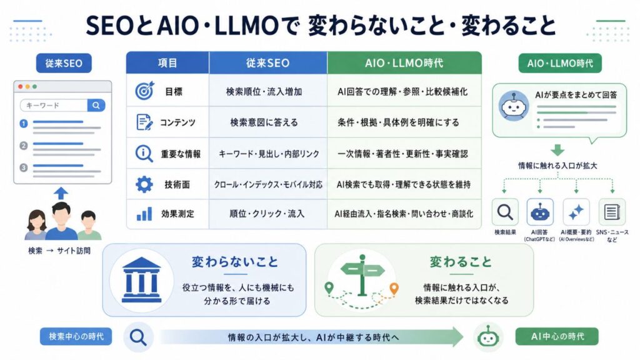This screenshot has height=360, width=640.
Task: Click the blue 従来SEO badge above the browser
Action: pos(64,63)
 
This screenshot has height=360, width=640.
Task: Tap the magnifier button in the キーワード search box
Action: pos(96,105)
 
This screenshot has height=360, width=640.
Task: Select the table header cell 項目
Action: pos(167,63)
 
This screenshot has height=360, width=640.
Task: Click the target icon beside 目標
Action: pos(144,91)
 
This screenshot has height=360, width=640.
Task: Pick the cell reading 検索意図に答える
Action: pos(264,122)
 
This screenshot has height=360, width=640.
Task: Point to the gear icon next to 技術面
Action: pos(144,184)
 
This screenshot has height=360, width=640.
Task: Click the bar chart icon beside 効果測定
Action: pos(144,214)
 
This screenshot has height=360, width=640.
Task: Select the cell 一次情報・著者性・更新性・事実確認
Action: pos(402,154)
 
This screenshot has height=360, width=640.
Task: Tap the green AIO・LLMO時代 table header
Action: pos(404,63)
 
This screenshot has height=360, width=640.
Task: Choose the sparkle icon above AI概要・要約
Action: pos(576,212)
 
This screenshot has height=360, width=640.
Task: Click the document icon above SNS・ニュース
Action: pos(611,212)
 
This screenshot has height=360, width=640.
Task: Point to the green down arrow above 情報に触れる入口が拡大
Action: pos(557,150)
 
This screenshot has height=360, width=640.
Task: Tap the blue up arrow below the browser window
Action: pos(61,193)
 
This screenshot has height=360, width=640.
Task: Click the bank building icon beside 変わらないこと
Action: pos(142,280)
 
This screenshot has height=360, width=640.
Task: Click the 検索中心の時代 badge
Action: pos(76,336)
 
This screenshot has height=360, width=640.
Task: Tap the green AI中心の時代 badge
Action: pos(557,336)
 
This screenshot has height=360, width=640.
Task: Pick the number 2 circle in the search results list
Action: pos(24,145)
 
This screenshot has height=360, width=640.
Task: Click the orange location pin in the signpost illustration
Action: pos(394,289)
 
